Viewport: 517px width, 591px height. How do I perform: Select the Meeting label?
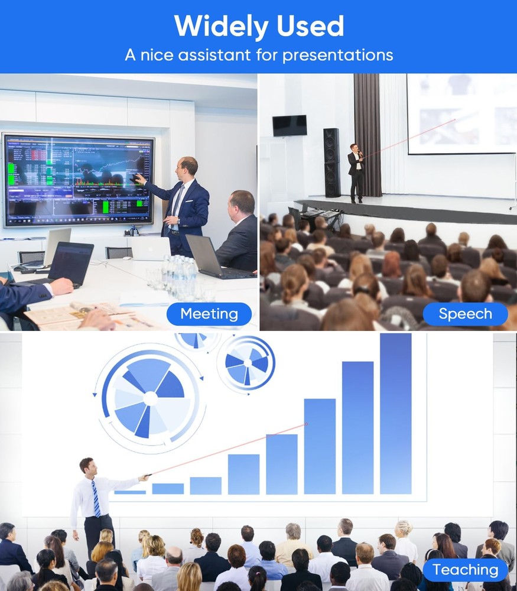click(x=209, y=314)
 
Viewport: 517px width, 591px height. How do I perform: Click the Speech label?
click(x=465, y=314)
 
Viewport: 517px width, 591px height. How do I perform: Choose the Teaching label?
click(x=465, y=570)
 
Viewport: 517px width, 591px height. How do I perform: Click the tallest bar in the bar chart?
click(x=395, y=414)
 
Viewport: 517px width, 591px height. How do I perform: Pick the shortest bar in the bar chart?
click(x=130, y=492)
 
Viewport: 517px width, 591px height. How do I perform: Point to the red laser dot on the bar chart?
click(x=307, y=424)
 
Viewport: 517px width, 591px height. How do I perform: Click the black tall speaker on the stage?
click(x=331, y=163)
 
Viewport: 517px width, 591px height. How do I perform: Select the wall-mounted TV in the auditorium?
click(x=290, y=125)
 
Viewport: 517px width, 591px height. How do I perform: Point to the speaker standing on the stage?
click(x=355, y=171)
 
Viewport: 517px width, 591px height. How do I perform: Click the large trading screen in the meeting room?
click(x=78, y=180)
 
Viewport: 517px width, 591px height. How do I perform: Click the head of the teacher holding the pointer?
click(x=87, y=466)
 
